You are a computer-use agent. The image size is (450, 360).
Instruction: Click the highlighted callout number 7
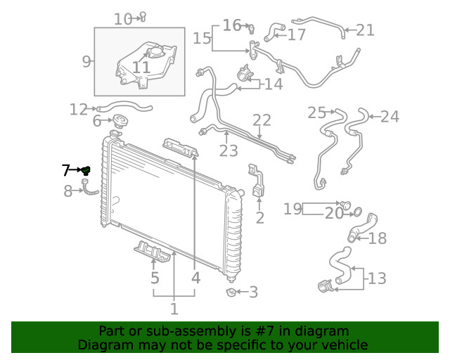point(65,169)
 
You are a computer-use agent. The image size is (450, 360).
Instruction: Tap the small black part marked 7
point(85,170)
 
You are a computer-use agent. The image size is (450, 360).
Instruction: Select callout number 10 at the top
point(122,19)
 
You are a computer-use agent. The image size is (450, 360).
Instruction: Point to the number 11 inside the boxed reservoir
point(141,67)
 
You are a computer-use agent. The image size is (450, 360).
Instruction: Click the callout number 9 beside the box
point(86,61)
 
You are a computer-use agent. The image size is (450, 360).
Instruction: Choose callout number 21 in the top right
point(365,30)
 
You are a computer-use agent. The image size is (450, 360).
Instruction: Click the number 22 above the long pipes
point(262,120)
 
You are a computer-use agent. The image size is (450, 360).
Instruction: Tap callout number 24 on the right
point(390,116)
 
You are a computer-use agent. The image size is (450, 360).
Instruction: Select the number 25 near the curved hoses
point(317,112)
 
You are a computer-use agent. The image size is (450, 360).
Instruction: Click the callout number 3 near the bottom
point(253,292)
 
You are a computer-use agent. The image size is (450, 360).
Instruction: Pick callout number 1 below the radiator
point(174,308)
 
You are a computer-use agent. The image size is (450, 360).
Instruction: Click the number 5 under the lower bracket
point(155,278)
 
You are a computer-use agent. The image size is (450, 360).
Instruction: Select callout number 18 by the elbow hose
point(378,238)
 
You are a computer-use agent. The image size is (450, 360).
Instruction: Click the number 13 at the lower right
point(377,278)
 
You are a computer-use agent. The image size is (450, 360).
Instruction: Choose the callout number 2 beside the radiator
point(259,218)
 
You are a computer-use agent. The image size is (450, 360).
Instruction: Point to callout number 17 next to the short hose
point(296,34)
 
